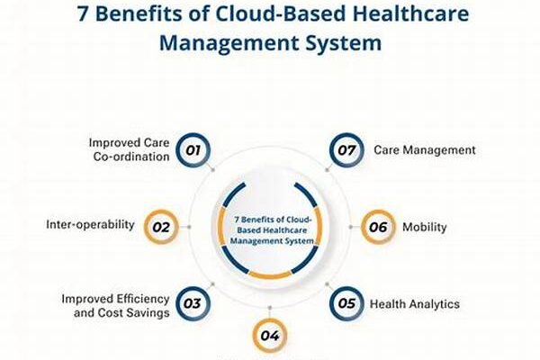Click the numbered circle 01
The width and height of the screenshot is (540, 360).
pos(193,150)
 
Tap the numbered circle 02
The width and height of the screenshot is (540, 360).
pos(161,227)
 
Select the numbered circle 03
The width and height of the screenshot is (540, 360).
pos(193,303)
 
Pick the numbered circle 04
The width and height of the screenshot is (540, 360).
pos(270,336)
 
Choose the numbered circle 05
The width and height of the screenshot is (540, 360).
pos(346,303)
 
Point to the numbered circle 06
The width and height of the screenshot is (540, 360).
pos(378,227)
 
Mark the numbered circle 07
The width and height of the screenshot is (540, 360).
pos(346,150)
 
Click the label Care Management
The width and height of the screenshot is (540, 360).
pos(425,150)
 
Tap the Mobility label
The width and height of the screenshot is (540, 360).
pos(424,227)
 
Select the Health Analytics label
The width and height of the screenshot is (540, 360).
pos(415,304)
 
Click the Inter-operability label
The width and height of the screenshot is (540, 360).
pos(90,225)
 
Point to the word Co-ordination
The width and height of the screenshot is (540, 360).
pos(131,157)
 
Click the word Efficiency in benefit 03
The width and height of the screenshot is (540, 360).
pos(142,299)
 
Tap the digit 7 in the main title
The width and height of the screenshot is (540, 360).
pos(83,14)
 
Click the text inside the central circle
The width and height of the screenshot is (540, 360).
pos(272,230)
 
